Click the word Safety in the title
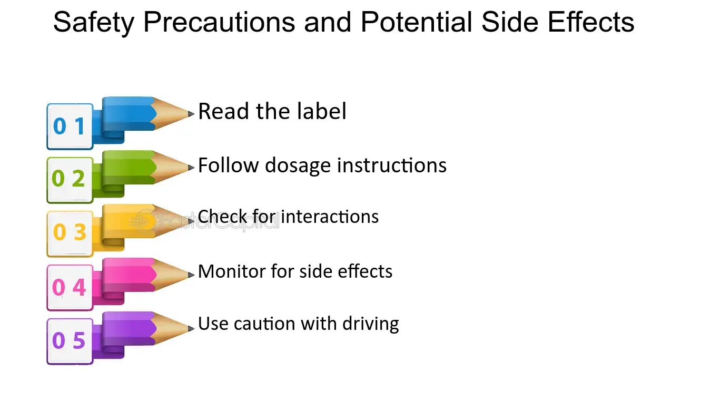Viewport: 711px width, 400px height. tap(94, 23)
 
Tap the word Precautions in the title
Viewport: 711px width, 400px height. tap(219, 22)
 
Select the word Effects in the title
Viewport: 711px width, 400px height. tap(591, 22)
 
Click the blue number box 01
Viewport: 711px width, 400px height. tap(70, 126)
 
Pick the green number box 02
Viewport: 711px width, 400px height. tap(70, 180)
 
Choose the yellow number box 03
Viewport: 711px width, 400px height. tap(70, 234)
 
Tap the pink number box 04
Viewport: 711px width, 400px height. tap(70, 288)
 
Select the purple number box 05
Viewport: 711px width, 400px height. tap(70, 341)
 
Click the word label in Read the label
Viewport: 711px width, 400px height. tap(322, 111)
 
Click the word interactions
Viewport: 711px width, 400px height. tap(330, 217)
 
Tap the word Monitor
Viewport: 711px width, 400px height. tap(232, 271)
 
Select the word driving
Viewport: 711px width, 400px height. tap(370, 325)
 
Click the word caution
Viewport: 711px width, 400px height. tap(264, 324)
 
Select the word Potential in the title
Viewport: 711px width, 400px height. tap(416, 22)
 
